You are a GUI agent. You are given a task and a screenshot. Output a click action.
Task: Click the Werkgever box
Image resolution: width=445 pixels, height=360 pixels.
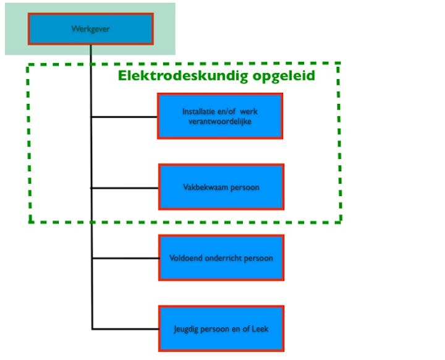90,28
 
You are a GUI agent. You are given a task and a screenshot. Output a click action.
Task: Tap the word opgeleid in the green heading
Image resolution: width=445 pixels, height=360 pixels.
282,76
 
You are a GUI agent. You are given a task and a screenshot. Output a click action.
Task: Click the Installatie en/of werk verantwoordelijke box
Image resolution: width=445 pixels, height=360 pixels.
220,116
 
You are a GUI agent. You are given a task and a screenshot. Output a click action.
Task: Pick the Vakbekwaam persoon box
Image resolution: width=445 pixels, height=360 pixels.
221,187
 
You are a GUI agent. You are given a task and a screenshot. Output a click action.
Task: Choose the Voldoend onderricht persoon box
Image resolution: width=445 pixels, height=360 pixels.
221,257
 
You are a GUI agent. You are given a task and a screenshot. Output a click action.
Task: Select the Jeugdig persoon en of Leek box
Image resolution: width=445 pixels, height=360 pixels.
221,328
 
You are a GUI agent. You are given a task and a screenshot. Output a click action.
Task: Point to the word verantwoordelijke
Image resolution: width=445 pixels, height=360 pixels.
220,121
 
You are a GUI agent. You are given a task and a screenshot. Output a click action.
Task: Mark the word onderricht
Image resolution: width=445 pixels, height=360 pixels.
227,258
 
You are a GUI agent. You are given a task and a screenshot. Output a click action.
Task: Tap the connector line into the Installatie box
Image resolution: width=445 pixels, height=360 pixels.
124,116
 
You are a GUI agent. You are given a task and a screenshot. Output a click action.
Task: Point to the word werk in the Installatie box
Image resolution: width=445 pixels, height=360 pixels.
250,111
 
